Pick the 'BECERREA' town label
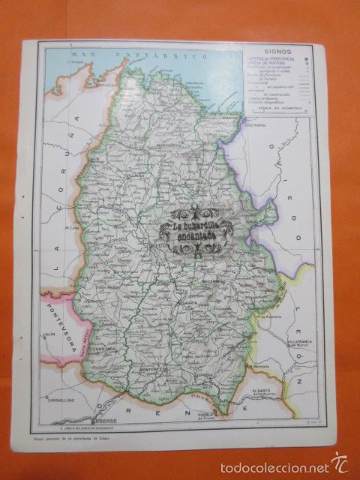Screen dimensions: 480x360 pyautogui.click(x=214, y=281)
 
